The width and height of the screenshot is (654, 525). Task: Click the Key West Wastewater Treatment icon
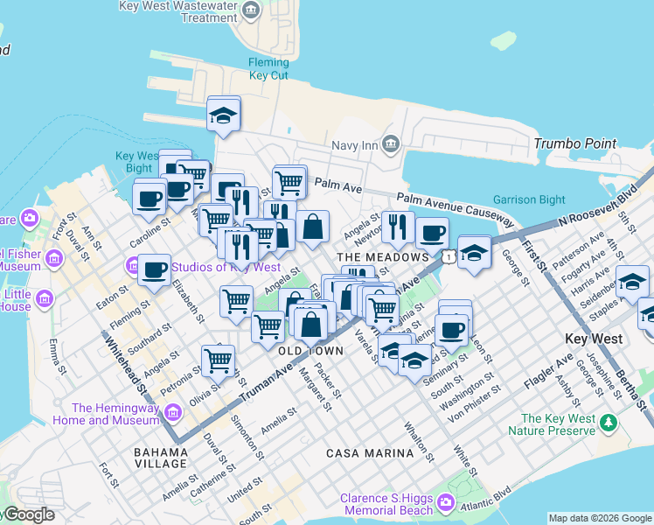[252, 10]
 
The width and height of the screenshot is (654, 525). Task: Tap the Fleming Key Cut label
[268, 69]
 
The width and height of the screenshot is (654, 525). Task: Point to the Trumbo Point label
[574, 143]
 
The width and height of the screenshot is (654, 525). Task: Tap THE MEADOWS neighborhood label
[383, 257]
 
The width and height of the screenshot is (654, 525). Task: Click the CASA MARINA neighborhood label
[369, 453]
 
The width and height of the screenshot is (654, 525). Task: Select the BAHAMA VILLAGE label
[160, 458]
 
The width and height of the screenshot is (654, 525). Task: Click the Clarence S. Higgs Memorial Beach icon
[447, 502]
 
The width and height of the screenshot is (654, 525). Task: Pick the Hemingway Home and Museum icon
[171, 411]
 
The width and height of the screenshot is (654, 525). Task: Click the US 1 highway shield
[448, 256]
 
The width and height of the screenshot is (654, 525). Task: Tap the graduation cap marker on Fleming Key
[224, 114]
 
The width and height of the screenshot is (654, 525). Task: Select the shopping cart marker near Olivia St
[218, 359]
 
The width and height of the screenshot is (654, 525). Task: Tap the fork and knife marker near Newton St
[398, 227]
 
